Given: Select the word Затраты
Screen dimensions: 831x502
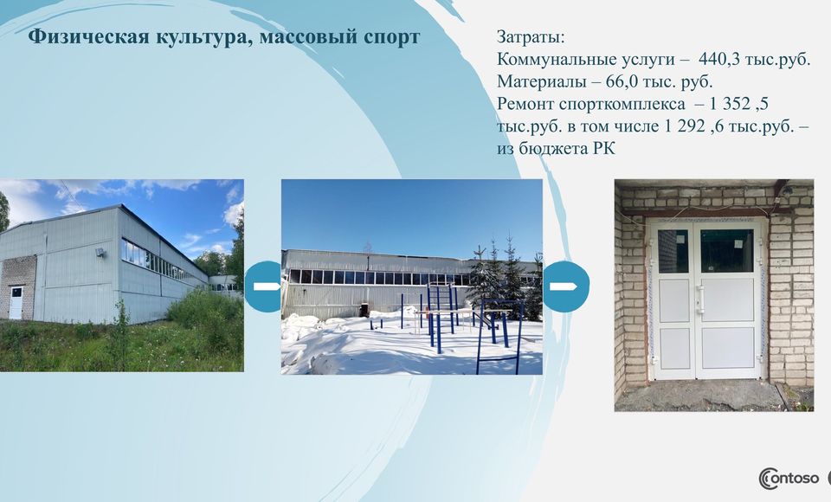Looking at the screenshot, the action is pyautogui.click(x=531, y=37).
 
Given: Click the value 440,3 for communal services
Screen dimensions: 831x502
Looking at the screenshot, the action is pyautogui.click(x=719, y=60).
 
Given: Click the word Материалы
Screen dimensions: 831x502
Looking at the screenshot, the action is pyautogui.click(x=542, y=81).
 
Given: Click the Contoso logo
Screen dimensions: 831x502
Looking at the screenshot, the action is pyautogui.click(x=789, y=478).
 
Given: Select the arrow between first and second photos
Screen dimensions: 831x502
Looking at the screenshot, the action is pyautogui.click(x=267, y=286).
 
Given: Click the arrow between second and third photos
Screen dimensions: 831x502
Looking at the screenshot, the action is pyautogui.click(x=563, y=286).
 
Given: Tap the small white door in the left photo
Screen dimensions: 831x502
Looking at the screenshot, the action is pyautogui.click(x=16, y=303).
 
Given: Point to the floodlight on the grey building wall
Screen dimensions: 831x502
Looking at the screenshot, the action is pyautogui.click(x=99, y=253).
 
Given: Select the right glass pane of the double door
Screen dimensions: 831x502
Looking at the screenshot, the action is pyautogui.click(x=726, y=251).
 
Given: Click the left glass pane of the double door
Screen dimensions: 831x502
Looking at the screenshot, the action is pyautogui.click(x=673, y=251).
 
